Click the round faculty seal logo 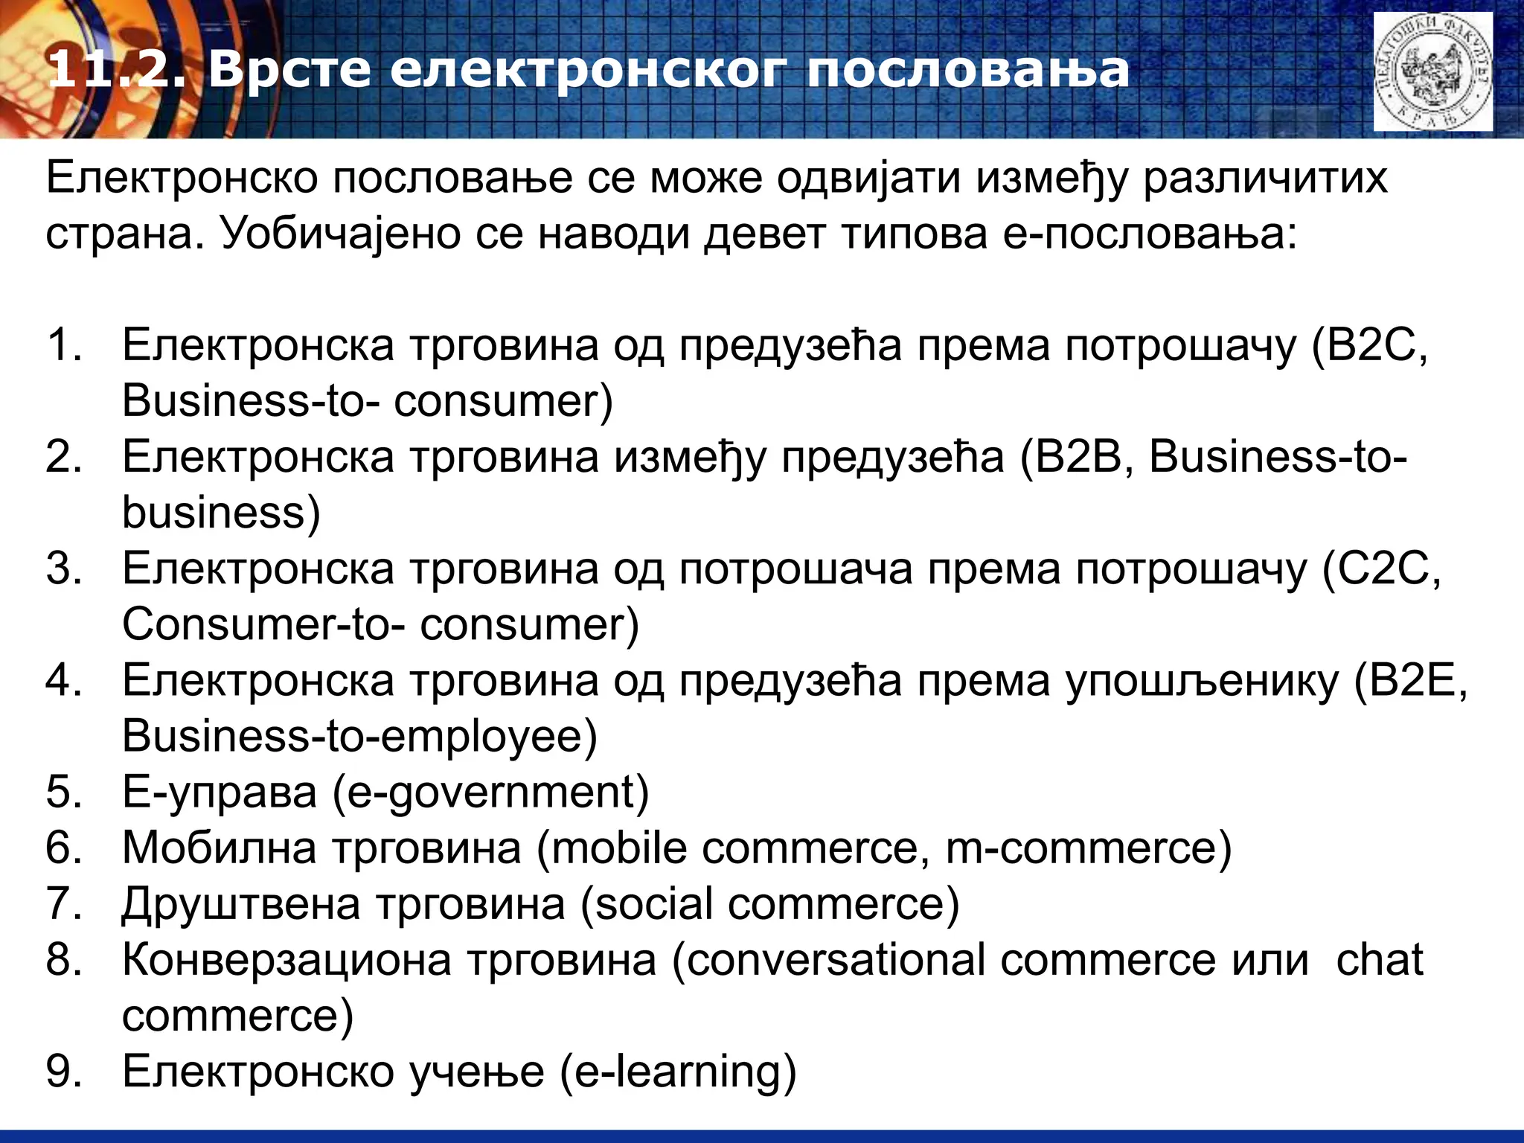(x=1432, y=72)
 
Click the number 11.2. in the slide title (x=115, y=71)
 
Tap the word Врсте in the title (x=288, y=71)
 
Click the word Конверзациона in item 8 (x=286, y=959)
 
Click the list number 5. (x=63, y=792)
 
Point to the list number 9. (x=63, y=1072)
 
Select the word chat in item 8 (x=1379, y=959)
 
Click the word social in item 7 (x=654, y=903)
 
